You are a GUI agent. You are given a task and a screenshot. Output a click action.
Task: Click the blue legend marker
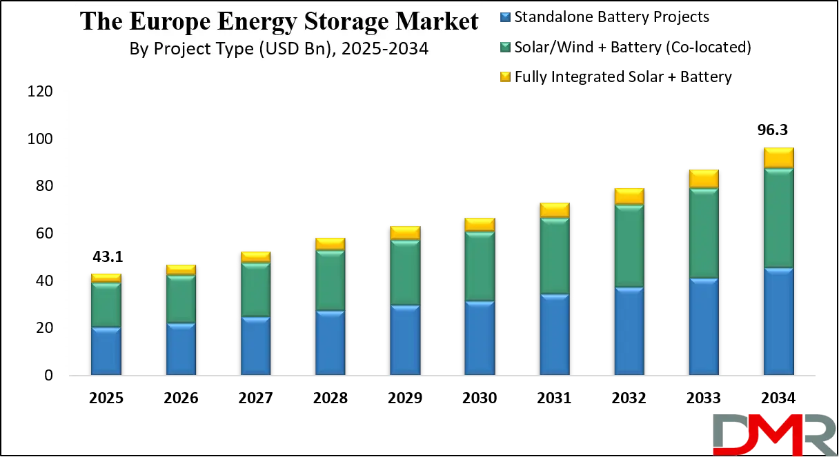coord(504,17)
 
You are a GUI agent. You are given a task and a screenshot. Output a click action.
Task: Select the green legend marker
coord(504,47)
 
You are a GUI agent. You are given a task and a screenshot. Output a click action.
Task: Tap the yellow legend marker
coord(504,77)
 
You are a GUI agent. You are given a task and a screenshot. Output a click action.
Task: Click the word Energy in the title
coord(252,21)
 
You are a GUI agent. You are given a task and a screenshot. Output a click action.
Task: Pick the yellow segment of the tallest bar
coord(778,158)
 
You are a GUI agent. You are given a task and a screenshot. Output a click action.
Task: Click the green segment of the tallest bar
coord(778,218)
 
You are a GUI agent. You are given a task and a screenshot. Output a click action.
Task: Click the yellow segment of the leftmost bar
coord(106,278)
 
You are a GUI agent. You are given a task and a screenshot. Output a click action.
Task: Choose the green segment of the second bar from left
coord(181,299)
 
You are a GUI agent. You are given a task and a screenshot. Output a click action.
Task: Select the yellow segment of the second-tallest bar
coord(704,179)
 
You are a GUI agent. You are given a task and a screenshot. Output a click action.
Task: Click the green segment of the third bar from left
coord(255,290)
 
